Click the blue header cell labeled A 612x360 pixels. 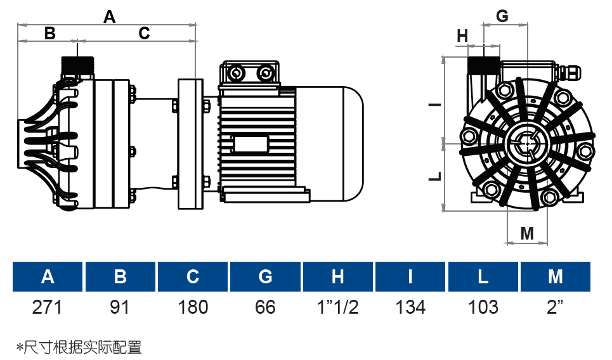click(48, 277)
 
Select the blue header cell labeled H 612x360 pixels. click(338, 277)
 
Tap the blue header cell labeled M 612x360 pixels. click(556, 277)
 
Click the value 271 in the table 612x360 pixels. click(48, 307)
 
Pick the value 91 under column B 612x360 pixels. click(120, 307)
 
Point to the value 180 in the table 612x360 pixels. click(193, 307)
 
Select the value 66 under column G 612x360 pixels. click(265, 307)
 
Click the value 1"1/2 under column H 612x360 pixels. click(338, 307)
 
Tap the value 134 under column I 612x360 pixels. click(410, 307)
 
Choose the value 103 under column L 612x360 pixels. click(483, 307)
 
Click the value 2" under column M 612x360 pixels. click(556, 307)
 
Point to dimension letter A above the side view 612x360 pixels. click(110, 17)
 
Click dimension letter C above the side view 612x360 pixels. click(144, 33)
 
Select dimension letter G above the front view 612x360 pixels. click(502, 16)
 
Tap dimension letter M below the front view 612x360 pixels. click(527, 233)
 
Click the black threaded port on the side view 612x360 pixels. click(77, 65)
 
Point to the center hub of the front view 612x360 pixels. click(527, 145)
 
